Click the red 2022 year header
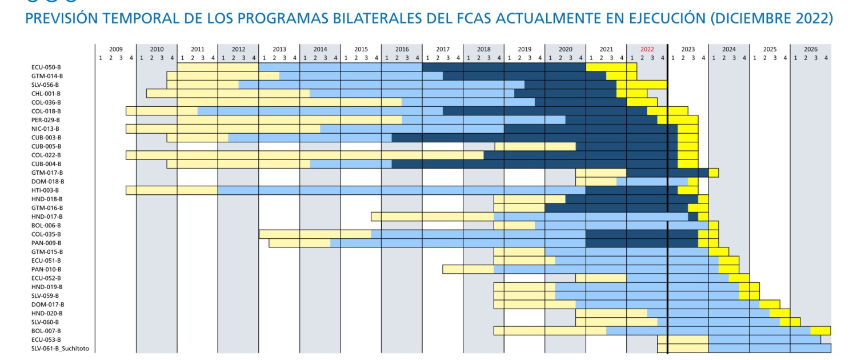[x=647, y=49]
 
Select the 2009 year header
[x=116, y=49]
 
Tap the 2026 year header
[x=810, y=49]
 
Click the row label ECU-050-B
[x=47, y=67]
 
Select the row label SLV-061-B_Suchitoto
[x=60, y=349]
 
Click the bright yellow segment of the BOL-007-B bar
[x=820, y=331]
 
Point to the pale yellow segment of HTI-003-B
[x=171, y=190]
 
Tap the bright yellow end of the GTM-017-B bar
[x=714, y=173]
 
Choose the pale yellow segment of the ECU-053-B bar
[x=683, y=339]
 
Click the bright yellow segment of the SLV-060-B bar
[x=790, y=322]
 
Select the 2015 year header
[x=361, y=49]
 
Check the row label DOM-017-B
[x=47, y=305]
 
